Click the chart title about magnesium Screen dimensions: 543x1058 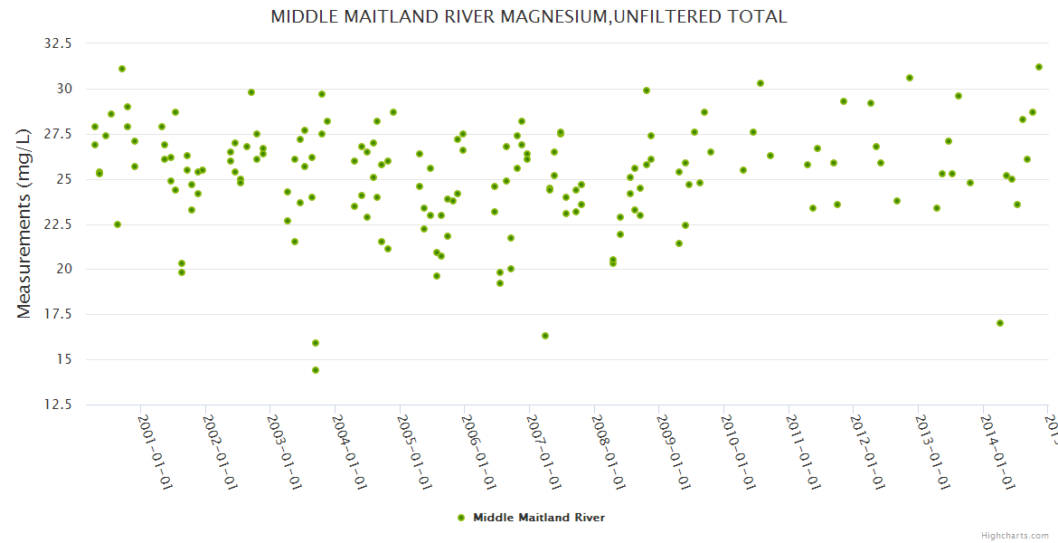529,16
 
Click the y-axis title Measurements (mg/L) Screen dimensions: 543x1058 24,224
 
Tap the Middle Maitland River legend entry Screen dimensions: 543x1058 531,518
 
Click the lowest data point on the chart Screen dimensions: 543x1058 316,370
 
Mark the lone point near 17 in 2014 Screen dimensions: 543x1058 1000,323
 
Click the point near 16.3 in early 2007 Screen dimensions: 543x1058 545,336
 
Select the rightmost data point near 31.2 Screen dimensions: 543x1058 1039,67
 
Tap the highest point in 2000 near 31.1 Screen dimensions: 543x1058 122,69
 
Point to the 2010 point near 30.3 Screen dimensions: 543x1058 760,83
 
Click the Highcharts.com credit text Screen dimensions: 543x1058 1015,535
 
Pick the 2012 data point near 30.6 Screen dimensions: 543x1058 910,78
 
